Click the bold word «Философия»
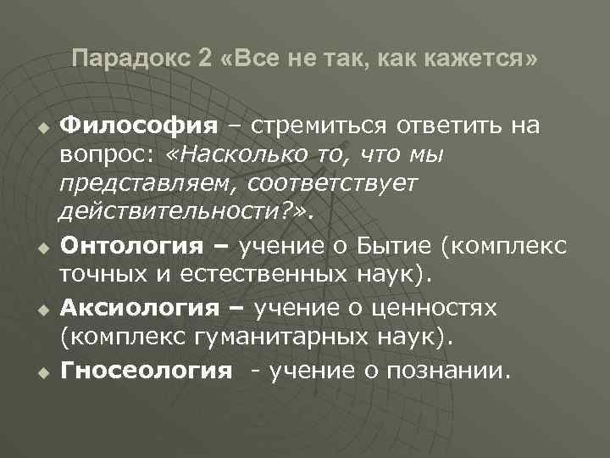point(140,126)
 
